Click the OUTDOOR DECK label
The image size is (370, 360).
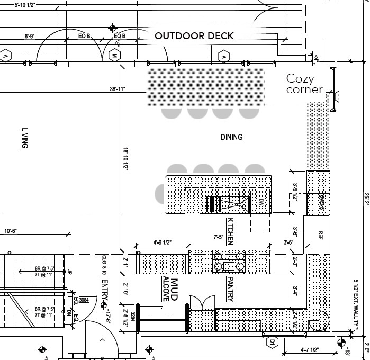click(x=194, y=36)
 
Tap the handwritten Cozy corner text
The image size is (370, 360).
click(x=304, y=84)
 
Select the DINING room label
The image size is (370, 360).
click(x=231, y=138)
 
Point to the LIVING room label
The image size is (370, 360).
click(x=24, y=138)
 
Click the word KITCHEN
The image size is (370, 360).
click(x=230, y=231)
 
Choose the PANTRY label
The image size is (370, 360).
click(x=230, y=289)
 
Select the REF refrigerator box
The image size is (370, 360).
click(x=320, y=235)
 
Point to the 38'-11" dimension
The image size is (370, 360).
click(x=118, y=89)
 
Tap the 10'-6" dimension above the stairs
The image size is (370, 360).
click(x=12, y=231)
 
